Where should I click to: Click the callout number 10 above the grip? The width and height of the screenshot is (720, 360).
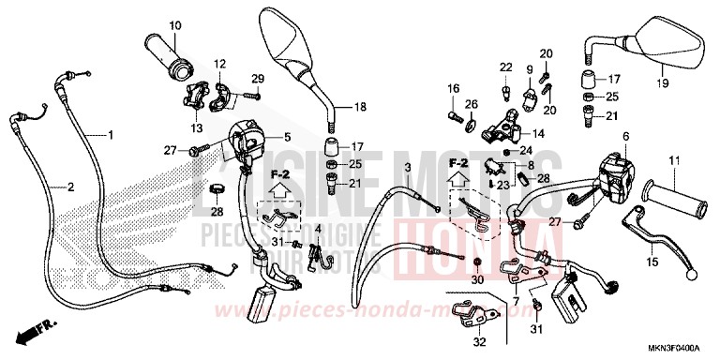[x=174, y=23]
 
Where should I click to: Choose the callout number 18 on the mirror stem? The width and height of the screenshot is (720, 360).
[x=361, y=108]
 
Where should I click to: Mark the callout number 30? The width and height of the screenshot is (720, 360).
[x=477, y=280]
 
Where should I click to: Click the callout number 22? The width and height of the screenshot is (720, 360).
[x=504, y=67]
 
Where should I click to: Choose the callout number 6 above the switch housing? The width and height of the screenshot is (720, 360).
[x=623, y=137]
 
